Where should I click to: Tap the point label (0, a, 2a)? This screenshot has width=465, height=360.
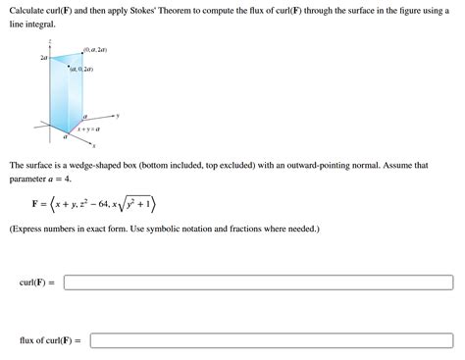pyautogui.click(x=95, y=49)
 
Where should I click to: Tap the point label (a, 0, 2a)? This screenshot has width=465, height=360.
pyautogui.click(x=81, y=70)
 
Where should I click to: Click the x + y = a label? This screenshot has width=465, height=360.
pyautogui.click(x=90, y=129)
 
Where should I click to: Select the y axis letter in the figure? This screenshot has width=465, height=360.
pyautogui.click(x=119, y=116)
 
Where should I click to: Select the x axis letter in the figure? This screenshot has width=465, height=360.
pyautogui.click(x=93, y=145)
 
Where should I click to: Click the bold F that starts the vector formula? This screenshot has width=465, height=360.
pyautogui.click(x=36, y=205)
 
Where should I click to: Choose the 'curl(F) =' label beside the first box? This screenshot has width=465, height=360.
pyautogui.click(x=36, y=283)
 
